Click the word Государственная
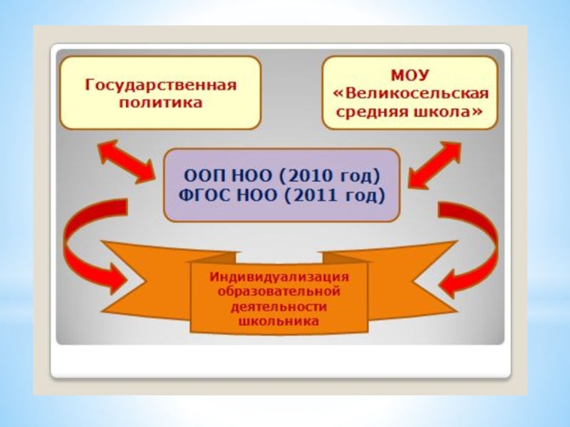click(160, 86)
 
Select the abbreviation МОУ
click(410, 75)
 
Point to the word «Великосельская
click(410, 94)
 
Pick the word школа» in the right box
click(446, 112)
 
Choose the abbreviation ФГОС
click(209, 194)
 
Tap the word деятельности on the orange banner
click(279, 307)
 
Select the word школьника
click(279, 322)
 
